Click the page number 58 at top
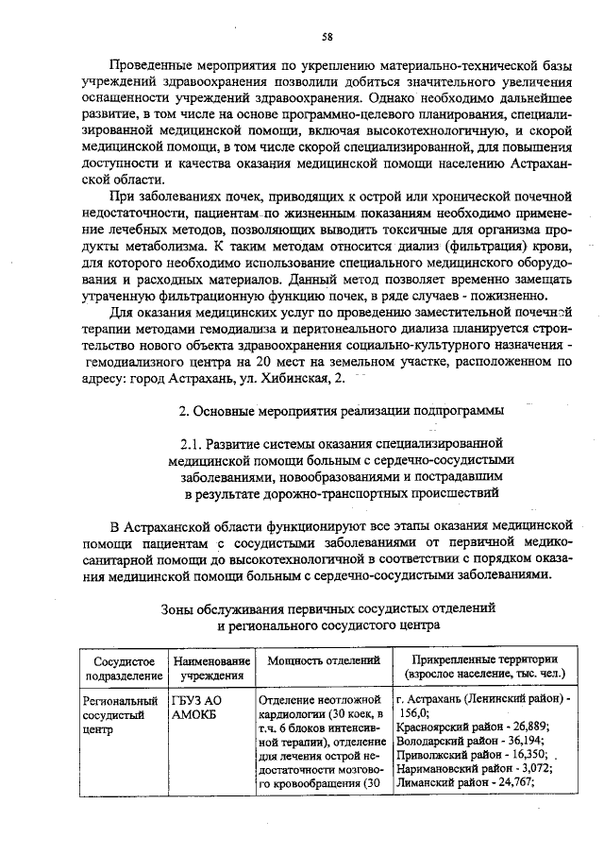coord(327,36)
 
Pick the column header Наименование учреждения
coord(211,667)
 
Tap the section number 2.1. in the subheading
coord(193,442)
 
